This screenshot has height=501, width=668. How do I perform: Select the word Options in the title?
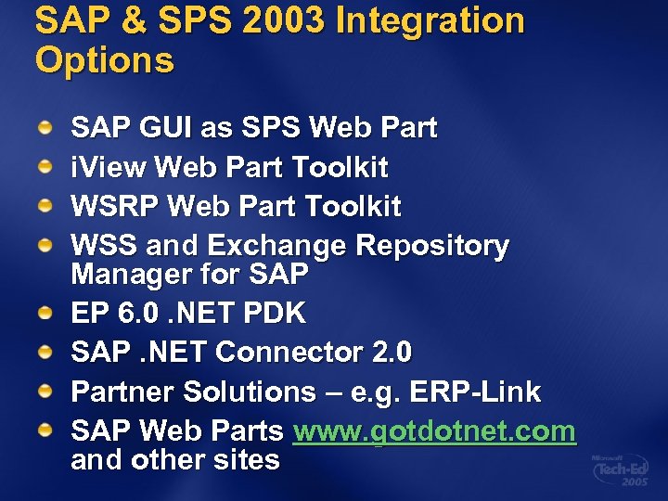104,60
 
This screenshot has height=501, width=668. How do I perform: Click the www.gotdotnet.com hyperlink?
434,431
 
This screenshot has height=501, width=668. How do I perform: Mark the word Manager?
127,276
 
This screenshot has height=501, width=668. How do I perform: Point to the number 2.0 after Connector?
393,353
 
